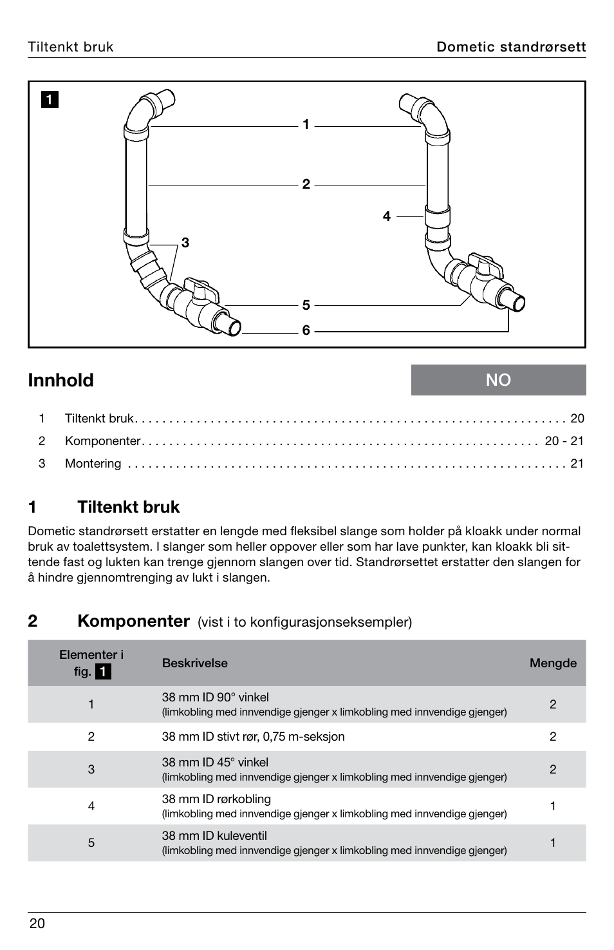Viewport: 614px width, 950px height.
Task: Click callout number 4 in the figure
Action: (386, 216)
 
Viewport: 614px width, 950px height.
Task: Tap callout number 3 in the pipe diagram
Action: (185, 243)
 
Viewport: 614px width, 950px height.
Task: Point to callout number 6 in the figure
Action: (306, 330)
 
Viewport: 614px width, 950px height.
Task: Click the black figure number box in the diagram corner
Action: (50, 100)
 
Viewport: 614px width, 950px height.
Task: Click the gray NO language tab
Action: (499, 380)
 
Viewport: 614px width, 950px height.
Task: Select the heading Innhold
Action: (61, 381)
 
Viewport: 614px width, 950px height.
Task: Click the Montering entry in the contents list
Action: (93, 464)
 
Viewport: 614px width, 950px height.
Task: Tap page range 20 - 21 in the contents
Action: (564, 441)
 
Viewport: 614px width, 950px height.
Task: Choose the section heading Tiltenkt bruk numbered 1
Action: (128, 508)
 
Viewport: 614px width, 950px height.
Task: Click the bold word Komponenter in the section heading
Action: (133, 621)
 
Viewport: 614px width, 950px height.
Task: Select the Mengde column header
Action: (553, 663)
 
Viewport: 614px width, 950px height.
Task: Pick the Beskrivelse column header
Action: (194, 663)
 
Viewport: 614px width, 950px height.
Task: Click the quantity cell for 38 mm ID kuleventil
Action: (553, 842)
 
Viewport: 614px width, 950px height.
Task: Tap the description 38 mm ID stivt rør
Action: (253, 737)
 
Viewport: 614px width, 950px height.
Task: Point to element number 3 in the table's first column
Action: (91, 769)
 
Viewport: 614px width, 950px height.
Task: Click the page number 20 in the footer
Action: (37, 924)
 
